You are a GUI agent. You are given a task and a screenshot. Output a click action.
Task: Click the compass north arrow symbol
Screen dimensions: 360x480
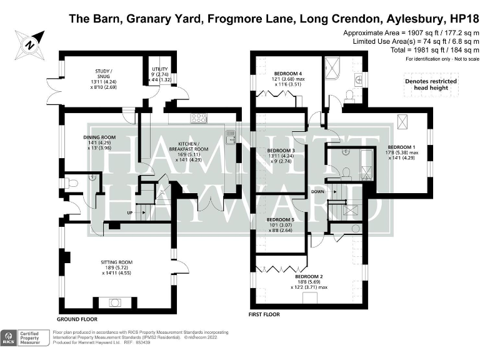click(29, 44)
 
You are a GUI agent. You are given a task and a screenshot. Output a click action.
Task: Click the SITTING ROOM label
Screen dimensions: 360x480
click(117, 262)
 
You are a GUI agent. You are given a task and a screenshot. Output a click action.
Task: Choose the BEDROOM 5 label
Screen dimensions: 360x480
click(281, 220)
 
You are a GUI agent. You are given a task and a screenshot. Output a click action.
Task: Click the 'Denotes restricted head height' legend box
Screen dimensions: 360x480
click(430, 84)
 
